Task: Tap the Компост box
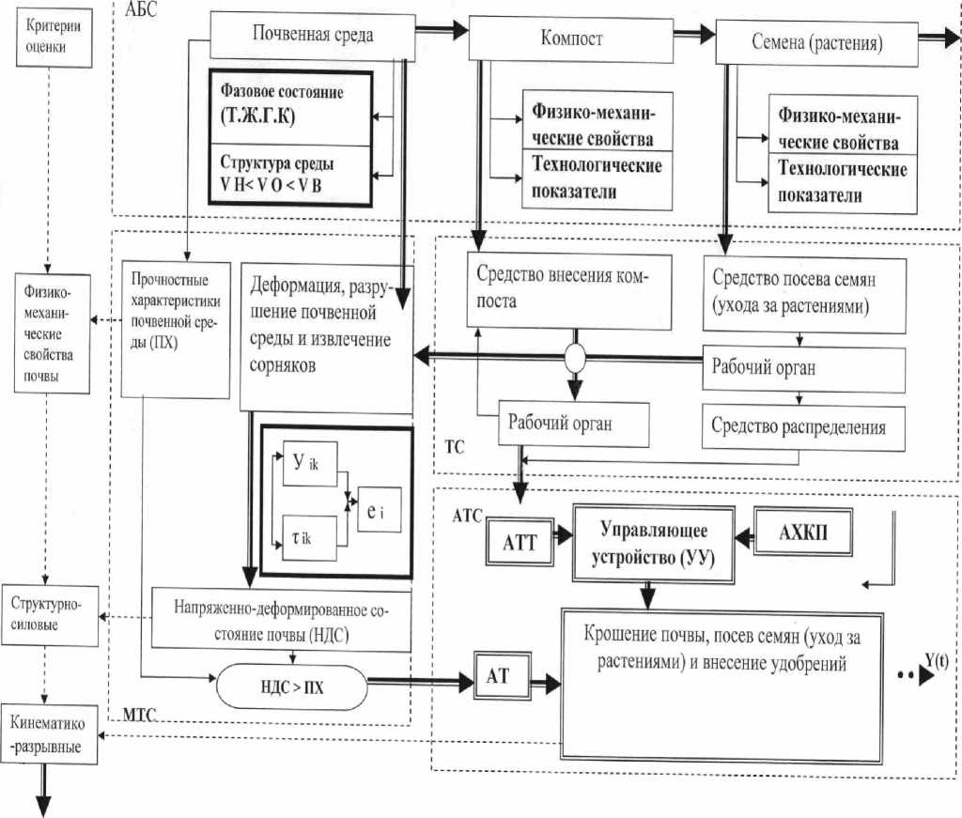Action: point(572,39)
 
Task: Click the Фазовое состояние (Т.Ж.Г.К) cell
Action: point(287,105)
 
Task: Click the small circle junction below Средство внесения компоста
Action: point(574,359)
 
